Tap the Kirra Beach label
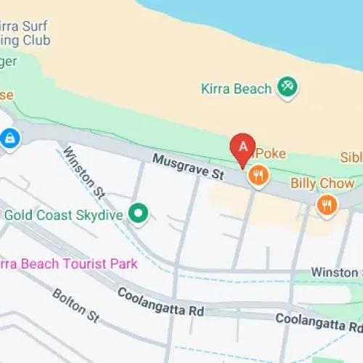click(236, 89)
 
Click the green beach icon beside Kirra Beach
click(288, 89)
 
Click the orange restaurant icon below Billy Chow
click(327, 205)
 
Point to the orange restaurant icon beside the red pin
click(258, 175)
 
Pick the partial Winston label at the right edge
click(337, 272)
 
